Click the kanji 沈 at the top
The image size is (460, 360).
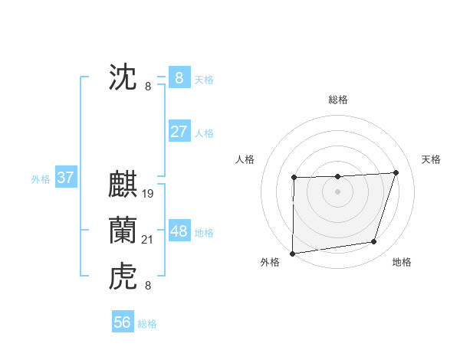pyautogui.click(x=123, y=78)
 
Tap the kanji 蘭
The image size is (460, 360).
pyautogui.click(x=123, y=231)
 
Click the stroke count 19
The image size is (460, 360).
pyautogui.click(x=148, y=193)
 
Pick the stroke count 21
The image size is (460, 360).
pyautogui.click(x=148, y=240)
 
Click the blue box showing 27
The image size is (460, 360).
pyautogui.click(x=179, y=132)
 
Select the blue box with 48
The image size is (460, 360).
pyautogui.click(x=179, y=231)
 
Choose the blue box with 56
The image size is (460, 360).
pyautogui.click(x=123, y=322)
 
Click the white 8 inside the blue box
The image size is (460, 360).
pyautogui.click(x=179, y=78)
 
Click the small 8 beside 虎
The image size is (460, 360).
pyautogui.click(x=148, y=286)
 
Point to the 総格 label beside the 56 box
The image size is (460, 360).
pyautogui.click(x=147, y=324)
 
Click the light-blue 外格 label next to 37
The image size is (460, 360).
pyautogui.click(x=41, y=179)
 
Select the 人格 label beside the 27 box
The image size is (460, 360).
pyautogui.click(x=204, y=133)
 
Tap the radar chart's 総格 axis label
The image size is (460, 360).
pyautogui.click(x=338, y=100)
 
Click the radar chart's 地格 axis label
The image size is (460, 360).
pyautogui.click(x=402, y=262)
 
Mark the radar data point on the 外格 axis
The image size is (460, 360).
pyautogui.click(x=293, y=253)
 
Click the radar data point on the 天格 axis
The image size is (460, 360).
pyautogui.click(x=396, y=172)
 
